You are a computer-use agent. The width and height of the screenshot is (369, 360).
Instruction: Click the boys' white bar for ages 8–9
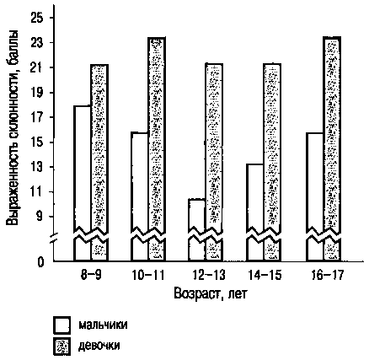pos(83,183)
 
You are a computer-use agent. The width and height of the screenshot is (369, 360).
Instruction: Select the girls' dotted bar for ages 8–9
pos(99,163)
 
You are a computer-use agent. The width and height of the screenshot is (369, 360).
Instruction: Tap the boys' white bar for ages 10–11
pos(140,196)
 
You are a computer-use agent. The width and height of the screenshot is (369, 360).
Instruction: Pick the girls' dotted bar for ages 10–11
pos(157,149)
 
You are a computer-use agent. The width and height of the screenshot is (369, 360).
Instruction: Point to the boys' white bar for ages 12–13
pos(197,229)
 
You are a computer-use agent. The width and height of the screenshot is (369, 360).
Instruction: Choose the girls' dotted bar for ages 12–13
pos(214,162)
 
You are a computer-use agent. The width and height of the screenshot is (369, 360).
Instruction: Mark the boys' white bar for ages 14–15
pos(255,212)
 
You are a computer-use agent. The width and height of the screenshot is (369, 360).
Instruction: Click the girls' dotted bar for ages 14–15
pos(272,162)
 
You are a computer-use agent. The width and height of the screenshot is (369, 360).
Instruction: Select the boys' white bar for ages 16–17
pos(315,196)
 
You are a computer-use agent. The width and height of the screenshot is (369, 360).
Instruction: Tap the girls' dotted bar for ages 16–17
pos(332,148)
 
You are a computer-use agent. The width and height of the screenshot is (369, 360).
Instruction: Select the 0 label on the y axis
pos(41,262)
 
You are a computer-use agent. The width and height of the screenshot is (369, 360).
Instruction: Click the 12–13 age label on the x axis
pos(209,276)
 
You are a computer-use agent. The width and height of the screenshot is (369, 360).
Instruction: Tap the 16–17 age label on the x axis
pos(327,276)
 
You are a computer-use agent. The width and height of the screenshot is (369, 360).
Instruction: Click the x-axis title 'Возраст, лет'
pos(211,294)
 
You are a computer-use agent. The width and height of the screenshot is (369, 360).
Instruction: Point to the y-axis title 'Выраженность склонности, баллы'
pos(13,127)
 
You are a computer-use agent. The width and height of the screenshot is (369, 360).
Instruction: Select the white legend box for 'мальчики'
pos(61,325)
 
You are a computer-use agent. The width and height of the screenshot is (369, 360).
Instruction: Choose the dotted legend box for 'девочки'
pos(61,347)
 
